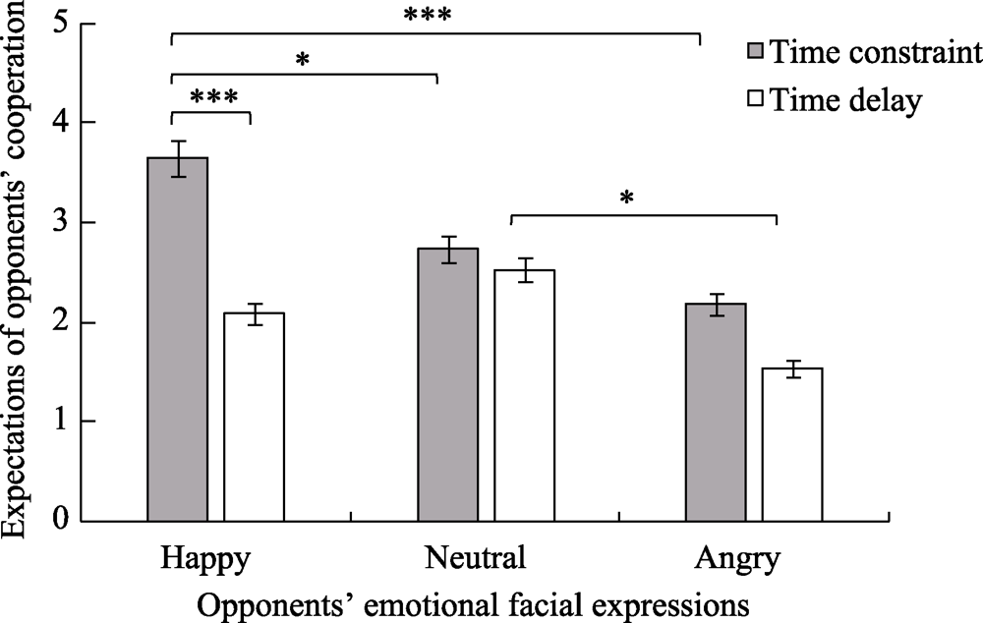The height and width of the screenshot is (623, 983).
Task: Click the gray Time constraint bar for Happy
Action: click(x=178, y=339)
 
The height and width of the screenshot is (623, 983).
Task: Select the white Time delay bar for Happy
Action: click(x=254, y=417)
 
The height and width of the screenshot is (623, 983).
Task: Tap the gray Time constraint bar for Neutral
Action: click(x=448, y=384)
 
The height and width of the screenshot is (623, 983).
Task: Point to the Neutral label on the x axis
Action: click(x=476, y=559)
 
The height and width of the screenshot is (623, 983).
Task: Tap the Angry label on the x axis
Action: click(x=737, y=559)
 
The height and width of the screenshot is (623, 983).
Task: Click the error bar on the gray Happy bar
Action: click(x=178, y=158)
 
